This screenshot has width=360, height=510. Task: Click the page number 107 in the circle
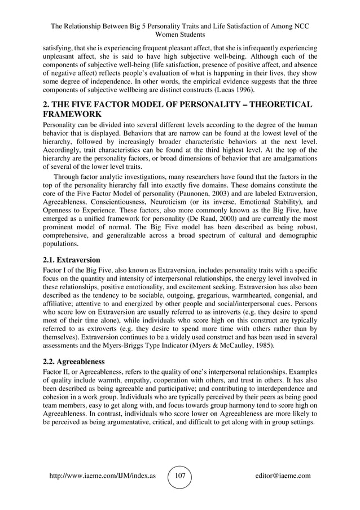click(180, 476)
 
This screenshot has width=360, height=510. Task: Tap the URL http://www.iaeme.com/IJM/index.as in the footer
click(103, 476)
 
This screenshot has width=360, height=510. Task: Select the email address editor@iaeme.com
click(283, 476)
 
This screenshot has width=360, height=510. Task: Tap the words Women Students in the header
click(180, 36)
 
